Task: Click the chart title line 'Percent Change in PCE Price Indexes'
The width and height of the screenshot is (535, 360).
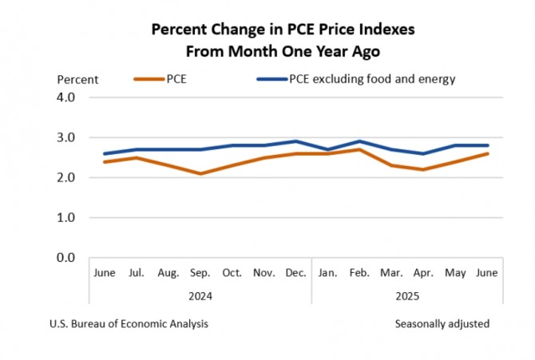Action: (283, 30)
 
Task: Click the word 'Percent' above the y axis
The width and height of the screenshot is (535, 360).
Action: (77, 79)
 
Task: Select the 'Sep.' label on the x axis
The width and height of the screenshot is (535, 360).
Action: (200, 273)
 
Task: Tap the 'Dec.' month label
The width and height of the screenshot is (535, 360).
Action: (296, 273)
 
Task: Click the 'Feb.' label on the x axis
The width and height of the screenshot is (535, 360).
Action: (360, 273)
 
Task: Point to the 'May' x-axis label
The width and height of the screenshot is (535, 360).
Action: (456, 273)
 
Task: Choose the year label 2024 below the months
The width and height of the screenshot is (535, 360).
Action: (200, 295)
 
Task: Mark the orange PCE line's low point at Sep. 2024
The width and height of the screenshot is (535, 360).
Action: (200, 173)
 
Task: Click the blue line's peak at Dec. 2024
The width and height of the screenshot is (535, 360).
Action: (296, 141)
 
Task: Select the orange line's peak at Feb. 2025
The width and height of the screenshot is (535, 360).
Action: (360, 149)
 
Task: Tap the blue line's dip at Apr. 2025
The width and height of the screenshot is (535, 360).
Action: (424, 153)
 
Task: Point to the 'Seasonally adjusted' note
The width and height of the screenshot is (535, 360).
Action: (442, 324)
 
